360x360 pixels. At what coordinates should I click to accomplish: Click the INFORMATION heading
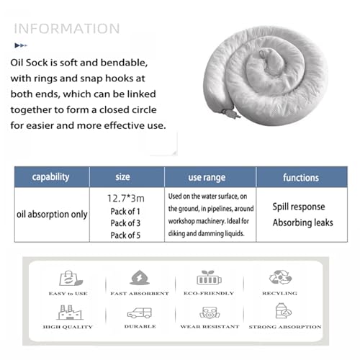(67, 29)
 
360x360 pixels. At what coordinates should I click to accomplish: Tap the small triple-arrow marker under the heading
(21, 45)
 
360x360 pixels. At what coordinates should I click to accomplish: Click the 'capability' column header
(50, 177)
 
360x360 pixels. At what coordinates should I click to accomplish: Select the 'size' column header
(122, 177)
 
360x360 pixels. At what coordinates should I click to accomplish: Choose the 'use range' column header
(207, 178)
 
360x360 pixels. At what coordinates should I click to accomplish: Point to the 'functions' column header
(301, 178)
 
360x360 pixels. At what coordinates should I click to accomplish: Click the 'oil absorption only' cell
(52, 215)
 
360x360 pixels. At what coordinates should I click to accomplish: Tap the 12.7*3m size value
(126, 199)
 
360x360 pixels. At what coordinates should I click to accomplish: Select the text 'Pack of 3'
(125, 223)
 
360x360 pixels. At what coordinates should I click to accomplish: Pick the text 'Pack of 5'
(125, 235)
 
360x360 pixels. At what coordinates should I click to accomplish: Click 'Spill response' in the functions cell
(299, 207)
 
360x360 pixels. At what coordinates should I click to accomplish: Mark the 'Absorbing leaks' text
(303, 222)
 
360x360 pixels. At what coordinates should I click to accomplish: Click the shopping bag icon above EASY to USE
(71, 278)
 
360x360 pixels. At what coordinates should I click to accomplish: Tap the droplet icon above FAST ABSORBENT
(140, 277)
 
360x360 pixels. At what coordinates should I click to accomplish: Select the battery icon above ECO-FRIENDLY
(209, 278)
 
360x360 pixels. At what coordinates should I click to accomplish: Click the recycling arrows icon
(280, 277)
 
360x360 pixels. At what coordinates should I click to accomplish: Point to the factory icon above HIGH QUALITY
(69, 312)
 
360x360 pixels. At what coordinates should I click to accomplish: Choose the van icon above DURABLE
(140, 313)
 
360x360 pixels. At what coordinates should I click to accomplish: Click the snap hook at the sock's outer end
(231, 113)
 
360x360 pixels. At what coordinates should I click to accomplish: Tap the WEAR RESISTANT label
(210, 327)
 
